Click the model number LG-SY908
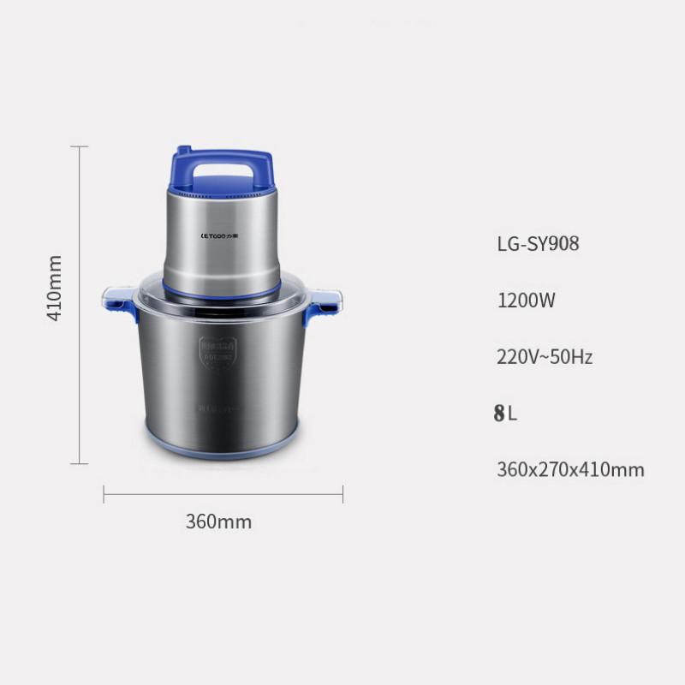pos(538,244)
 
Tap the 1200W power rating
pos(527,301)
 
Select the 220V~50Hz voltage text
pos(545,357)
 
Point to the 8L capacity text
pos(506,414)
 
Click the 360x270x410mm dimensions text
pos(570,470)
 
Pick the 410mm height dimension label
pos(54,288)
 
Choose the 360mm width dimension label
pos(218,521)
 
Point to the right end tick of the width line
pos(342,494)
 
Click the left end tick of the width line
pos(104,494)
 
